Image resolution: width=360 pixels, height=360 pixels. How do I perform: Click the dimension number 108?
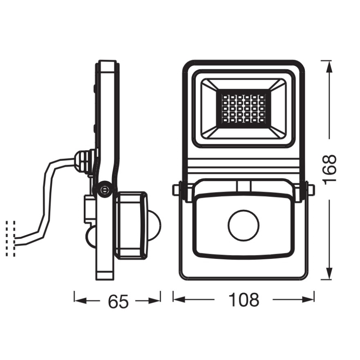[x=243, y=299]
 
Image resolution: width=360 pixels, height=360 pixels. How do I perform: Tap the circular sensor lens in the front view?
[x=243, y=226]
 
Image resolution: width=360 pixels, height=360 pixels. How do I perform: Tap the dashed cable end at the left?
[x=11, y=238]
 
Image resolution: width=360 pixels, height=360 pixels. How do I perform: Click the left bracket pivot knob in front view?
[x=177, y=189]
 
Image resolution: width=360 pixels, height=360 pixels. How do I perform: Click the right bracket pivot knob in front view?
[x=311, y=189]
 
